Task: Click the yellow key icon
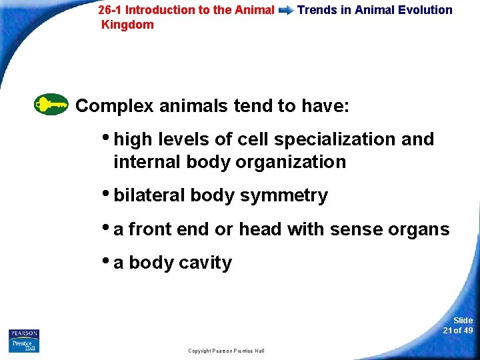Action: [51, 105]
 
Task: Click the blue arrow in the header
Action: [286, 11]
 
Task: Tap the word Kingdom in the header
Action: [127, 25]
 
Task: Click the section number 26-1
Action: [110, 10]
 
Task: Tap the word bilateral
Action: [149, 195]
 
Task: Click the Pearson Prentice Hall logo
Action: [24, 340]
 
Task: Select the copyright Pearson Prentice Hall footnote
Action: [226, 351]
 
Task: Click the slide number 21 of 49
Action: [458, 325]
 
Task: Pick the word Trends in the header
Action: [317, 10]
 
